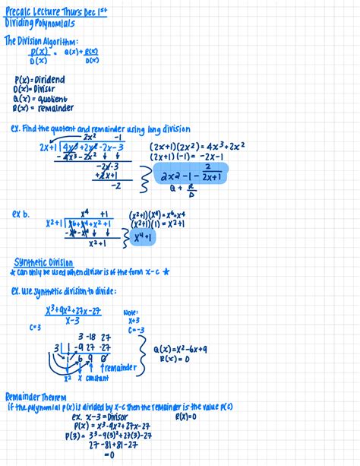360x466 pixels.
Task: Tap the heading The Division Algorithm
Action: pyautogui.click(x=41, y=42)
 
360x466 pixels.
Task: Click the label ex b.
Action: pyautogui.click(x=21, y=215)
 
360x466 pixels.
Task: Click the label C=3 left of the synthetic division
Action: pyautogui.click(x=35, y=327)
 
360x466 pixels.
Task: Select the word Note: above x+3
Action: pyautogui.click(x=130, y=312)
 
